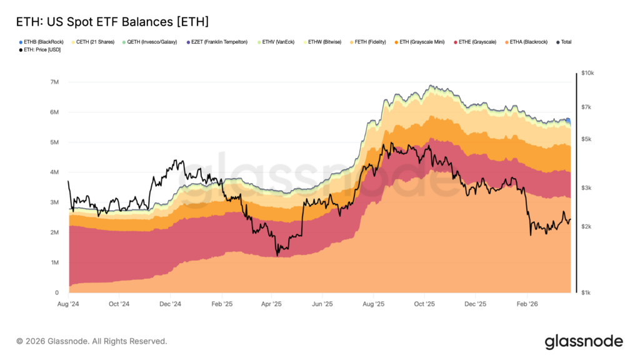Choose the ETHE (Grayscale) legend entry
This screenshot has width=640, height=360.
[477, 42]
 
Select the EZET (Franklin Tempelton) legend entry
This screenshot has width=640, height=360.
[224, 42]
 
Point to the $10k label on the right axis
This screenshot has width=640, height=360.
[587, 73]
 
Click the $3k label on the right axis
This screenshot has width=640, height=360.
[586, 187]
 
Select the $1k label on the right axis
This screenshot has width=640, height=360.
[586, 292]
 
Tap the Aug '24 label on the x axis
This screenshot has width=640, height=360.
[67, 304]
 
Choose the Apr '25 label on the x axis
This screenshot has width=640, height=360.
[271, 304]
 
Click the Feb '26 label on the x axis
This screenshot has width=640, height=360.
[526, 304]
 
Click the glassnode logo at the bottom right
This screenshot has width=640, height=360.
[584, 341]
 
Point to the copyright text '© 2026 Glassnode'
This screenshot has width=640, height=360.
[91, 341]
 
